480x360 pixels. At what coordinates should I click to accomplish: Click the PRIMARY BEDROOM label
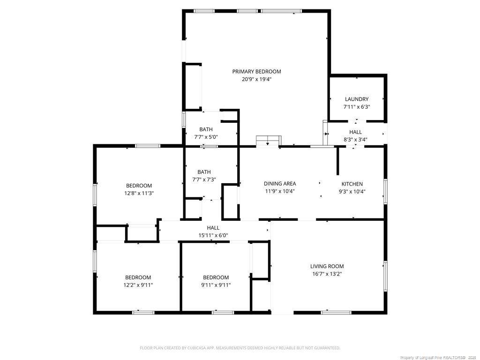[256, 72]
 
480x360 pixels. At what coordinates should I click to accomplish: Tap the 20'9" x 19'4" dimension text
[256, 79]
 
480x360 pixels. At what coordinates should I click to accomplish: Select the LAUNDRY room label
[357, 99]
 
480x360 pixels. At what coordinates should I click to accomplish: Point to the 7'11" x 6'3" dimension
[357, 107]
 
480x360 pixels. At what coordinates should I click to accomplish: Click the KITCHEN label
[352, 184]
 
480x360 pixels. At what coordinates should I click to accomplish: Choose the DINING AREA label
[280, 184]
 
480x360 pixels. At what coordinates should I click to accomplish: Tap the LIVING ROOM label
[327, 266]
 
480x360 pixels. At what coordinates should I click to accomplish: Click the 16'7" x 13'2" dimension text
[327, 274]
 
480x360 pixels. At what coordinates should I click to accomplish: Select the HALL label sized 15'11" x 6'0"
[213, 228]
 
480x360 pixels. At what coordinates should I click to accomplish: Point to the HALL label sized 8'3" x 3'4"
[355, 132]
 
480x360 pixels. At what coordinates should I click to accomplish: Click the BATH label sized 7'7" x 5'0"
[206, 129]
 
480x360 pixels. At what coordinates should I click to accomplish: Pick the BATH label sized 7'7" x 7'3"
[204, 172]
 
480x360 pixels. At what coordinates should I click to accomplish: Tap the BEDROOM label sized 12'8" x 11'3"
[139, 186]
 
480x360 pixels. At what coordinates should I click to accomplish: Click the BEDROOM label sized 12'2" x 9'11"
[138, 277]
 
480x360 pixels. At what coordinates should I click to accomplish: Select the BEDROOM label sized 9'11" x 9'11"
[216, 277]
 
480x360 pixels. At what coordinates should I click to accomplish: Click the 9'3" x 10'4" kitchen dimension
[352, 192]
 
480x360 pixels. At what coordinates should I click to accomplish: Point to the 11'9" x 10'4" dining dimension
[280, 191]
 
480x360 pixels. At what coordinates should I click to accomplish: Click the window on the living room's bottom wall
[336, 313]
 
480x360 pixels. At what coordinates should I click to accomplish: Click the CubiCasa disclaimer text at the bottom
[240, 348]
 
